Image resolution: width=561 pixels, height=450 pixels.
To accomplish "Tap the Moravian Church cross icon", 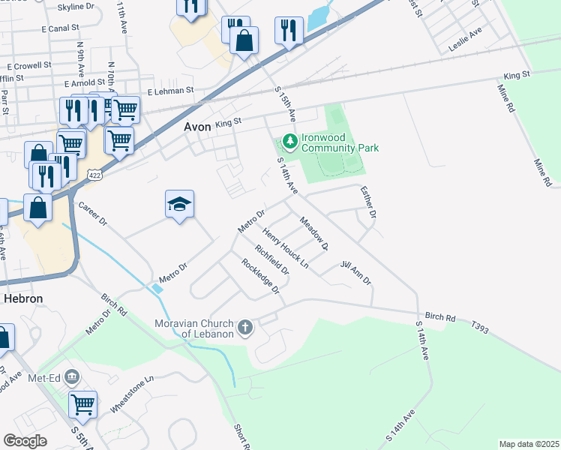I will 245,328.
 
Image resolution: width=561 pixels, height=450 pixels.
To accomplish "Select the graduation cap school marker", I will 179,204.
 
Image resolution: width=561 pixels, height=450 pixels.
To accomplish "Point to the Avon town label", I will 196,127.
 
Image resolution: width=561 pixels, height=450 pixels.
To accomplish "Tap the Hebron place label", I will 24,298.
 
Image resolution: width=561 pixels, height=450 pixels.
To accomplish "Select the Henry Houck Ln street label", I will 285,249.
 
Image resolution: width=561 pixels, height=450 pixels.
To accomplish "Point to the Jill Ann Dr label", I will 355,273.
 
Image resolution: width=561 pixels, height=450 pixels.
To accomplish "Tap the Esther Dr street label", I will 367,202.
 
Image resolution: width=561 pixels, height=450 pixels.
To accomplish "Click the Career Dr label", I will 93,215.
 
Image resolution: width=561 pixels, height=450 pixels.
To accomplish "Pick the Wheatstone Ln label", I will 132,394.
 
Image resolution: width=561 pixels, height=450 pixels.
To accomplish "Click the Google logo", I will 25,440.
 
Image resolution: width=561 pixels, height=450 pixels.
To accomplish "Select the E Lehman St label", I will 170,91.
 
